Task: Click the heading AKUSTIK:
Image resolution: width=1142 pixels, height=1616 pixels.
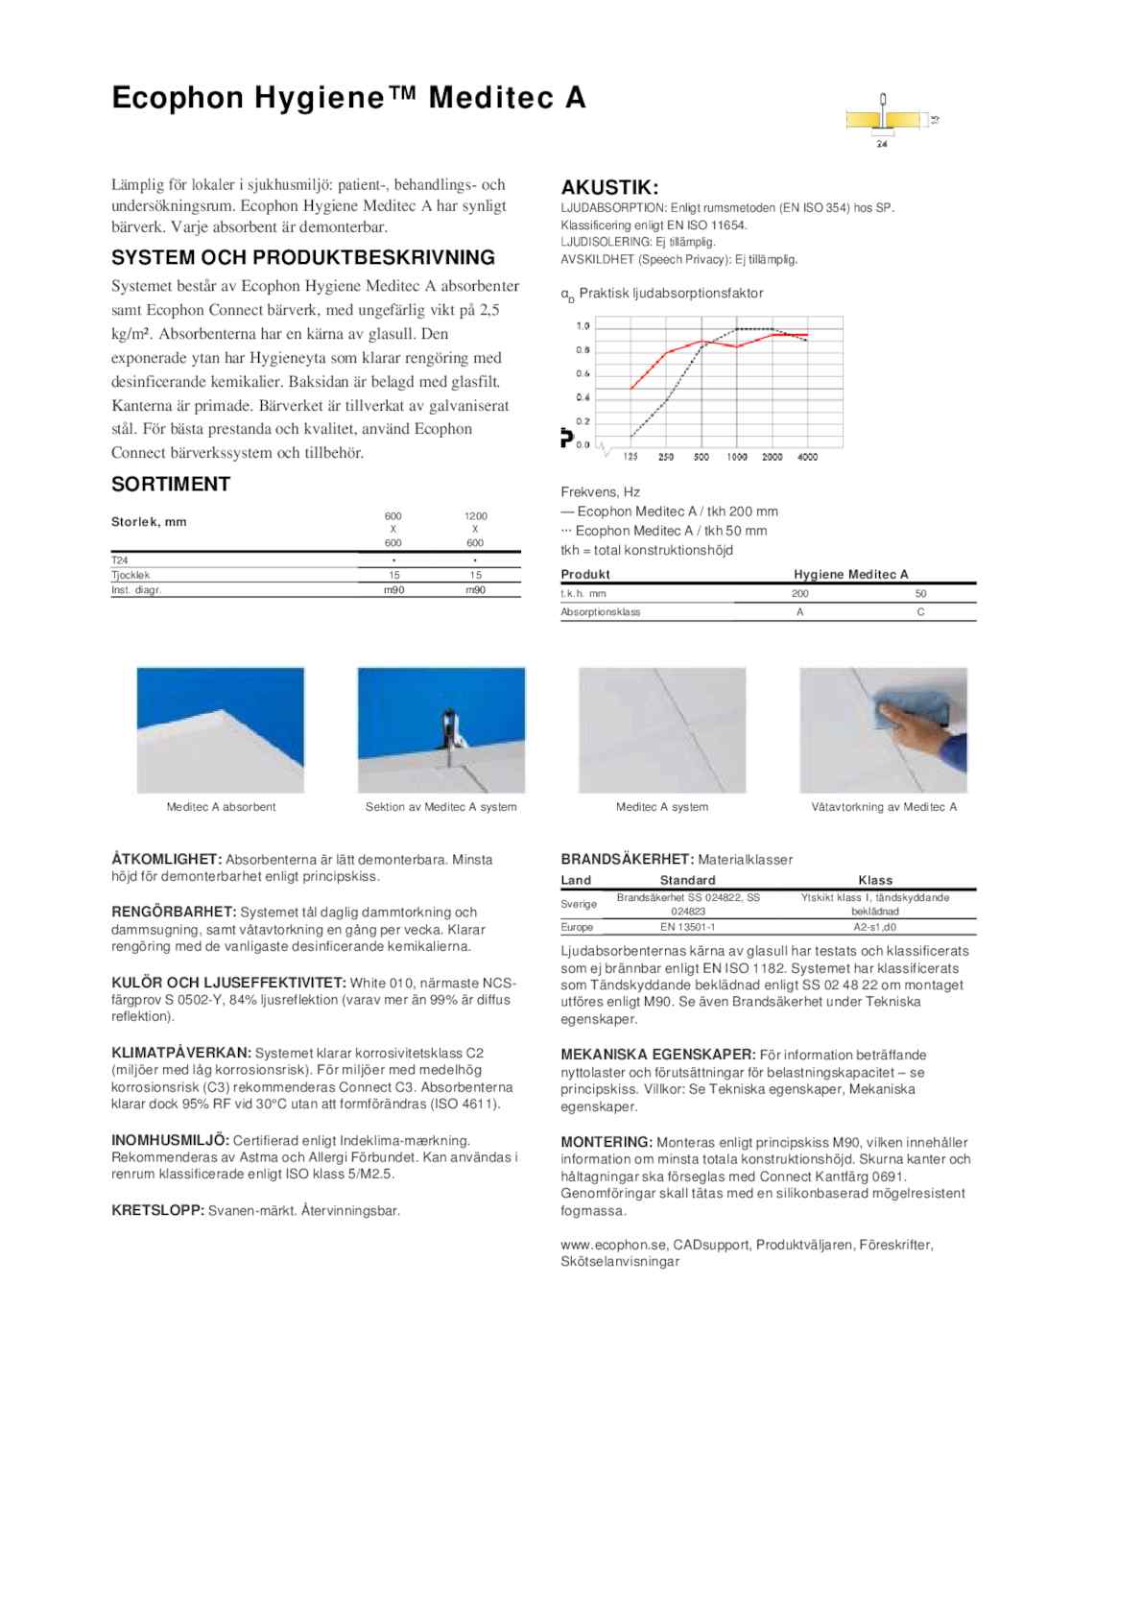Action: [x=609, y=187]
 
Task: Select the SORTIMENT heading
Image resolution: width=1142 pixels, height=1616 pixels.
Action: [x=171, y=485]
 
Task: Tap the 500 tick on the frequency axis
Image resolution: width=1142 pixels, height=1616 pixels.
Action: [x=702, y=458]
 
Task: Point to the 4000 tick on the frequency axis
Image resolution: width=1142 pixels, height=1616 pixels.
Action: [x=808, y=458]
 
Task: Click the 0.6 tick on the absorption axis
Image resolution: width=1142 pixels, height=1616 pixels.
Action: [x=583, y=374]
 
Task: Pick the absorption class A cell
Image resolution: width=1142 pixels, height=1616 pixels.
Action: [x=799, y=612]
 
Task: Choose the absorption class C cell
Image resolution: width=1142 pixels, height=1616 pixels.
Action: [x=920, y=612]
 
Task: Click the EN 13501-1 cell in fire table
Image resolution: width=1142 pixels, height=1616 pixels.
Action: [x=687, y=928]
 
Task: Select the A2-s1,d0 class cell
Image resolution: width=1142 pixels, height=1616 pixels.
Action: [x=875, y=928]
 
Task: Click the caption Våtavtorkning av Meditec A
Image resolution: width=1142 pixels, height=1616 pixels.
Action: [x=884, y=807]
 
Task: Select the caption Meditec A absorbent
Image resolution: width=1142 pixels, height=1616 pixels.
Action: [x=221, y=807]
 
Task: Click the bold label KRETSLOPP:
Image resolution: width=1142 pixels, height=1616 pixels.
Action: [x=157, y=1211]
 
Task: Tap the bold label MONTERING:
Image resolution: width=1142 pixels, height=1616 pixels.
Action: [x=607, y=1143]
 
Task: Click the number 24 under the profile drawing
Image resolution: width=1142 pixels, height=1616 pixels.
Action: [x=882, y=145]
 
